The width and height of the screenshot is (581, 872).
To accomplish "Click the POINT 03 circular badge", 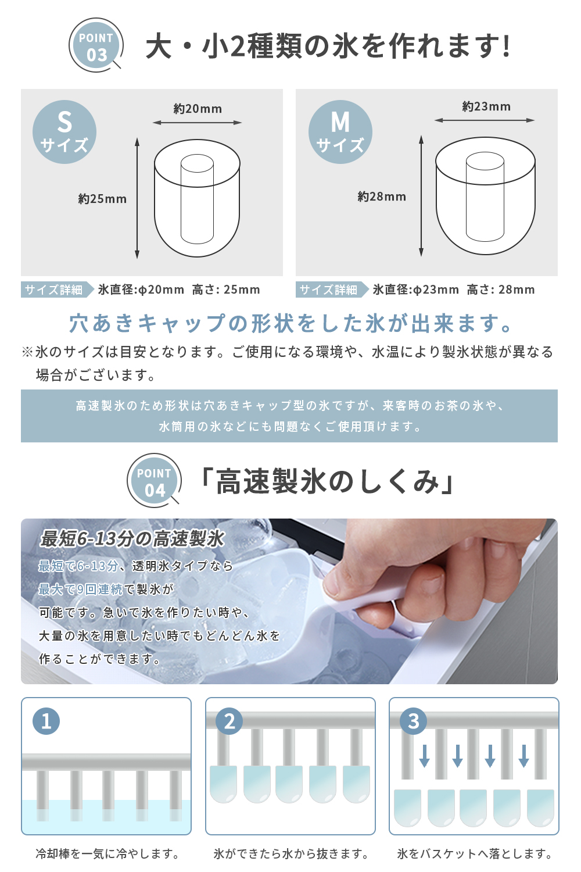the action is click(x=96, y=45).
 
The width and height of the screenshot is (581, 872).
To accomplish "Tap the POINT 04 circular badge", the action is click(x=155, y=480).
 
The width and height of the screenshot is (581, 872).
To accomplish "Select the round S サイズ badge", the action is click(x=64, y=132).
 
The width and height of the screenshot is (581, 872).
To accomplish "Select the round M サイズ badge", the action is click(x=340, y=132).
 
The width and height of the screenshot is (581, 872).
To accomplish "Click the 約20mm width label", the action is click(x=198, y=109).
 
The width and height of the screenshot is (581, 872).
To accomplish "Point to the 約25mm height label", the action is click(x=102, y=199).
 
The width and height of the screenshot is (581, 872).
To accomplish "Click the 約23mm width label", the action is click(x=486, y=106).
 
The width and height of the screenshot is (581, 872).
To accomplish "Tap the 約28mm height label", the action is click(x=382, y=196).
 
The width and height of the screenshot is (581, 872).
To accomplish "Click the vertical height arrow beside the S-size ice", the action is click(x=137, y=198).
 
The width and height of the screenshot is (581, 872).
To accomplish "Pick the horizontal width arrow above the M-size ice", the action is click(x=485, y=120).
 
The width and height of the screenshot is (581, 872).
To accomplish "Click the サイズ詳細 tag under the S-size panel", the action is click(x=58, y=290).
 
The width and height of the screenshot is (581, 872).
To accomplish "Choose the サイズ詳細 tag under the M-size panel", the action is click(x=332, y=290).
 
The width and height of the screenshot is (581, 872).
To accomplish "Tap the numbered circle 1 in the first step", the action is click(x=46, y=721).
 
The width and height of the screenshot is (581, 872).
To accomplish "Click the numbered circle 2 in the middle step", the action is click(x=229, y=721).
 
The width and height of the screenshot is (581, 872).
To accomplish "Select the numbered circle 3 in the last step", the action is click(x=413, y=721).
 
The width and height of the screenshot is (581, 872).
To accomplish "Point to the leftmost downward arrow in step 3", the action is click(x=424, y=756).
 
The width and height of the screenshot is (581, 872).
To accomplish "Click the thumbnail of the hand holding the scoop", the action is click(x=289, y=601).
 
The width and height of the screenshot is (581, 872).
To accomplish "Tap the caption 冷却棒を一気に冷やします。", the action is click(x=107, y=854).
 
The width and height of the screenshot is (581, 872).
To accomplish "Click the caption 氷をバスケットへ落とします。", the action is click(x=474, y=854).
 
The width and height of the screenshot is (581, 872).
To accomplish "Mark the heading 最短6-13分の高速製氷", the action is click(x=132, y=539).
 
